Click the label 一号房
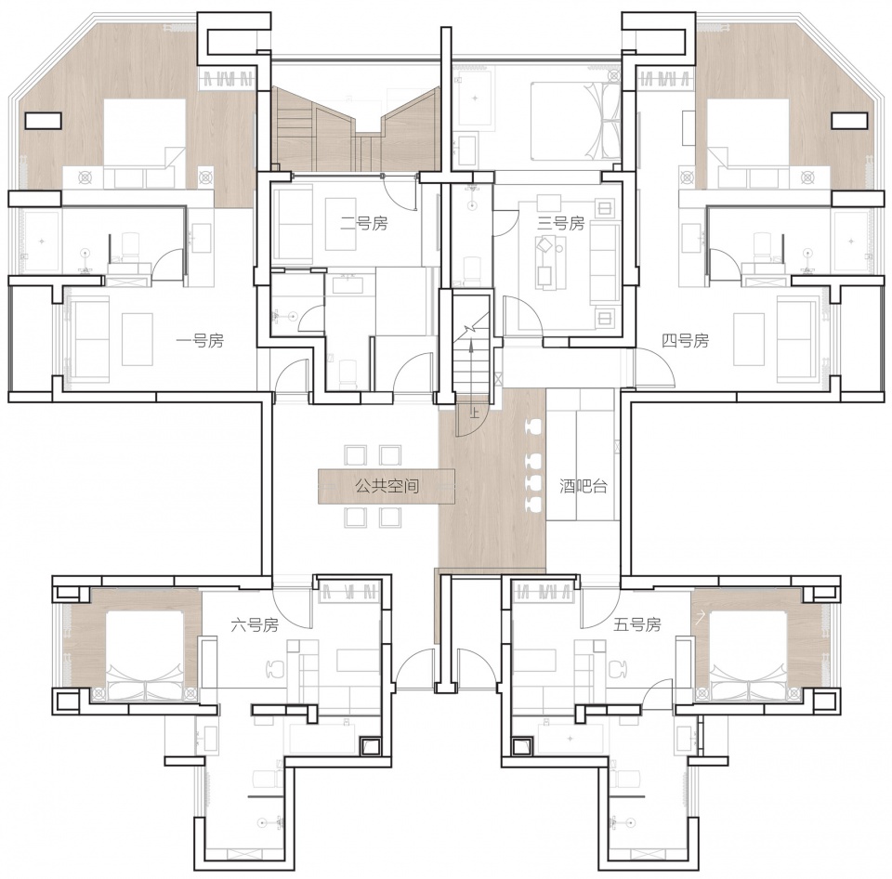click(x=200, y=341)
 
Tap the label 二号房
click(x=364, y=224)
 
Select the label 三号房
click(x=561, y=223)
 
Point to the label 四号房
click(x=686, y=341)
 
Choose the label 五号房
click(x=637, y=625)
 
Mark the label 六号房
click(x=255, y=625)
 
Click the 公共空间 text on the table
click(x=387, y=487)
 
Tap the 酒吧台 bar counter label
click(x=584, y=487)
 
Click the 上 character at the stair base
click(x=475, y=413)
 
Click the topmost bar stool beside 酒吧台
click(x=535, y=426)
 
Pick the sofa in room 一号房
click(x=89, y=340)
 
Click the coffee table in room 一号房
click(x=138, y=339)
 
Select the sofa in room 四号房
click(x=796, y=340)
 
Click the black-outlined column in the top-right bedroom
click(x=850, y=121)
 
